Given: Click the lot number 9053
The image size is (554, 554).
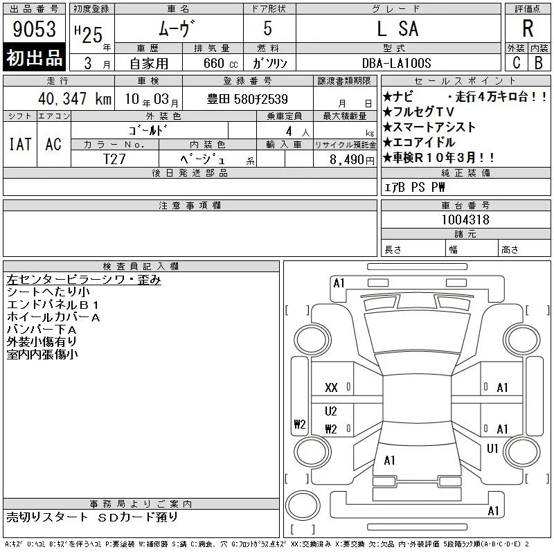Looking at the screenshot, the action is coord(34,29).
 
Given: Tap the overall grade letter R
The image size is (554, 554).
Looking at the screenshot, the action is coord(528,28).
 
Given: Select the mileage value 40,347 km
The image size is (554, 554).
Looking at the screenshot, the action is coord(75,98).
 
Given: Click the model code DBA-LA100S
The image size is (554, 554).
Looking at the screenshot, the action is coord(396,63).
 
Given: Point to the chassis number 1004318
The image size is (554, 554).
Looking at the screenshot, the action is coord(465,220).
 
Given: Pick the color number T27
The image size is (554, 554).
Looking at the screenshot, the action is coord(114,159).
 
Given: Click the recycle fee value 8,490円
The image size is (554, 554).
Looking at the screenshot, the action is coord(352,160).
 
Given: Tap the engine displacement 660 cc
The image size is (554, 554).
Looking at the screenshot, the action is coord(220,63).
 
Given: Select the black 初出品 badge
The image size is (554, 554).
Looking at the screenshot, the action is coord(34,57).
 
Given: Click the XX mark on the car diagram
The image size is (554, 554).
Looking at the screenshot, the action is coord(331,388).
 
